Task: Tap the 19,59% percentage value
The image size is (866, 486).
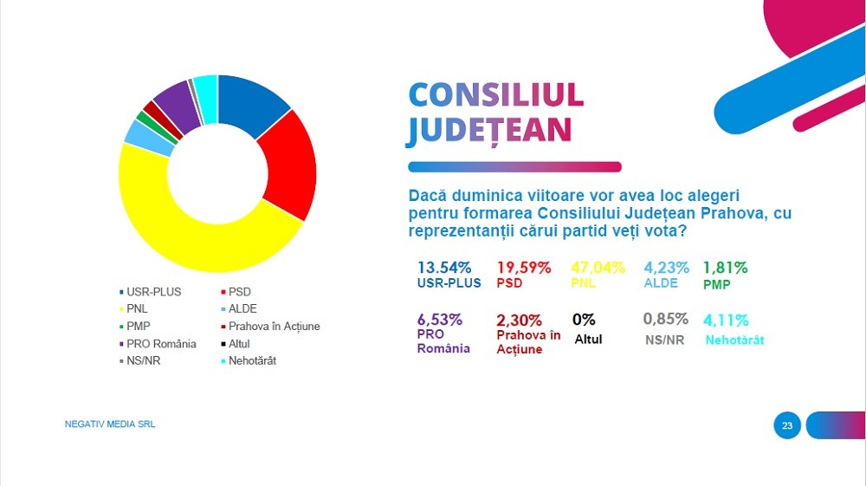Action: (x=524, y=268)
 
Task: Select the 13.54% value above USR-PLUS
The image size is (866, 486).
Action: (x=444, y=268)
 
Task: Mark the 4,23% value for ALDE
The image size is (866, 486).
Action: (x=667, y=268)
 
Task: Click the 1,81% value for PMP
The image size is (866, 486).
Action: (x=725, y=268)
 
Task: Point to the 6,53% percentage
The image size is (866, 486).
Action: (x=440, y=320)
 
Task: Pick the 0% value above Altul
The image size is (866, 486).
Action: (x=584, y=320)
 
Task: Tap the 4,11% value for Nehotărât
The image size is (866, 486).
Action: (x=727, y=320)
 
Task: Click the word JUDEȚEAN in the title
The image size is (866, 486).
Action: (x=489, y=130)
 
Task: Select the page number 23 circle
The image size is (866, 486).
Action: (x=787, y=425)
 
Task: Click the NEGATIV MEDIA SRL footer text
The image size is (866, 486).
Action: (x=110, y=424)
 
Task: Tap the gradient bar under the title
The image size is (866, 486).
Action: (x=514, y=167)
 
